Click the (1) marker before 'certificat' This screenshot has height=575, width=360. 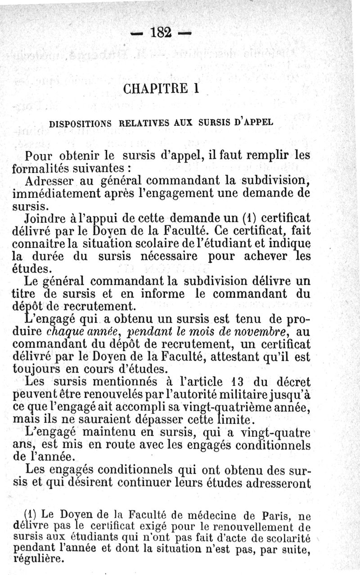[243, 220]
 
